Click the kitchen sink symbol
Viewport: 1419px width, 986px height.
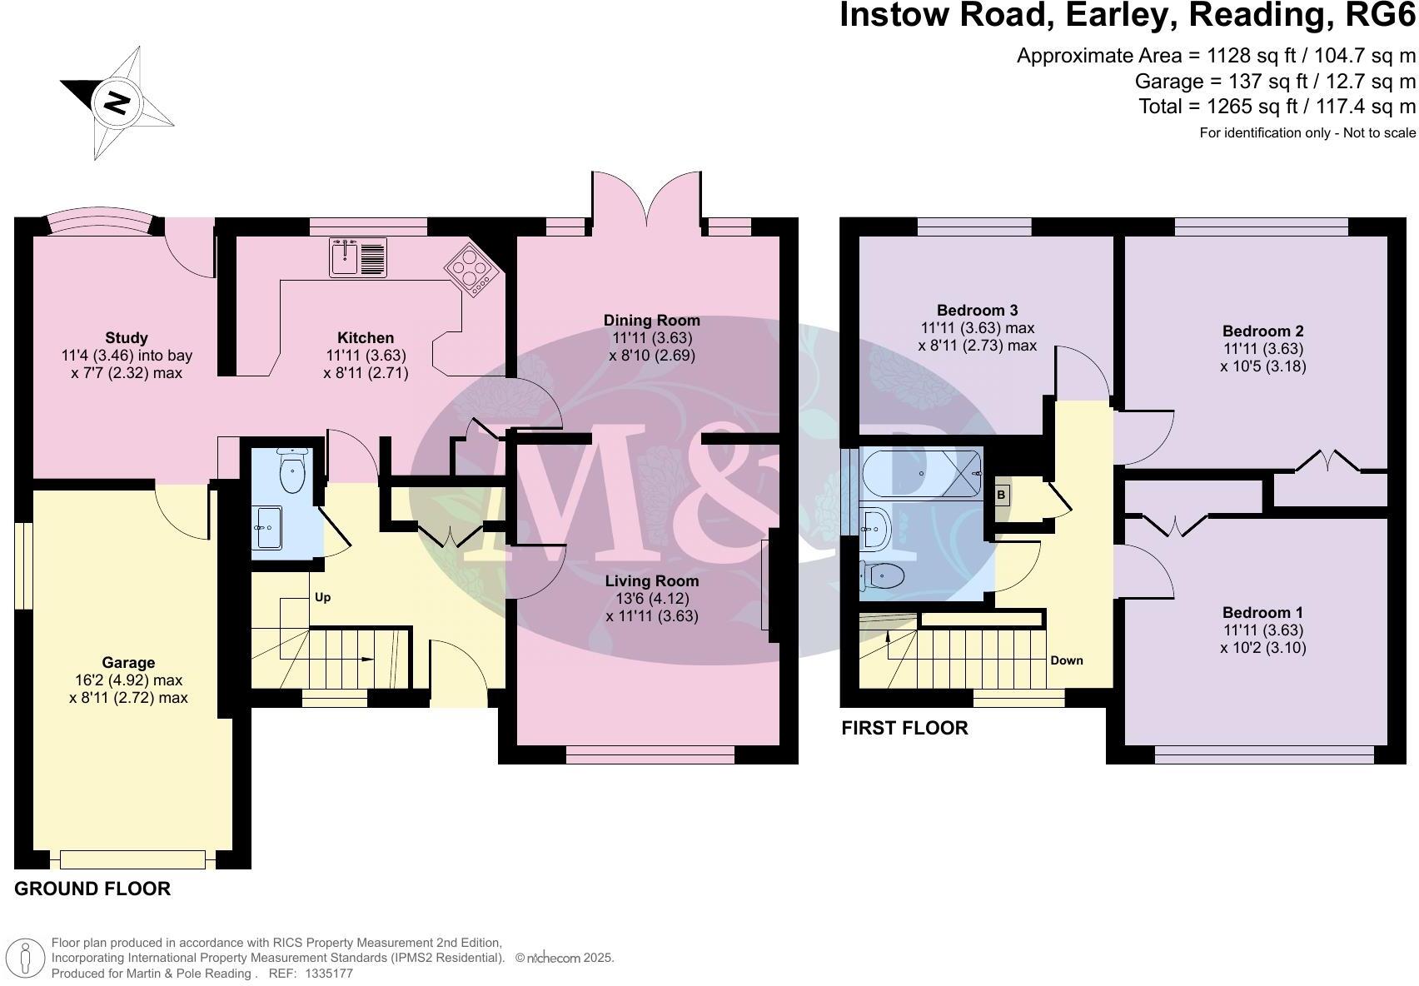(358, 256)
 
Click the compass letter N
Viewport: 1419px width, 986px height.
(117, 103)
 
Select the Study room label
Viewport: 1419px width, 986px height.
(127, 337)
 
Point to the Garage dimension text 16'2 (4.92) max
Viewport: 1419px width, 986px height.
(128, 680)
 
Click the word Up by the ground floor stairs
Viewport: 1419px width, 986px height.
(323, 597)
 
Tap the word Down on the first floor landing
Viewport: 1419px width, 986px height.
(1066, 660)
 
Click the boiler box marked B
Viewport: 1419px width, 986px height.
(1001, 495)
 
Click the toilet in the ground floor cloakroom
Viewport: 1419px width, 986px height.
(292, 471)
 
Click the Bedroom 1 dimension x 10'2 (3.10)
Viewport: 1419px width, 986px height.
(1263, 647)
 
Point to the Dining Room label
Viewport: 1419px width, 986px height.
(651, 320)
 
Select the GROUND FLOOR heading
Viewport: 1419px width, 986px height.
(92, 889)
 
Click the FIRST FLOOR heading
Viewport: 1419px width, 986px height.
(904, 728)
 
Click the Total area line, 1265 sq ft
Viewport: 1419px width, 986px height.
(1277, 107)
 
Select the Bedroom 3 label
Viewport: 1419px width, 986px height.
(977, 310)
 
